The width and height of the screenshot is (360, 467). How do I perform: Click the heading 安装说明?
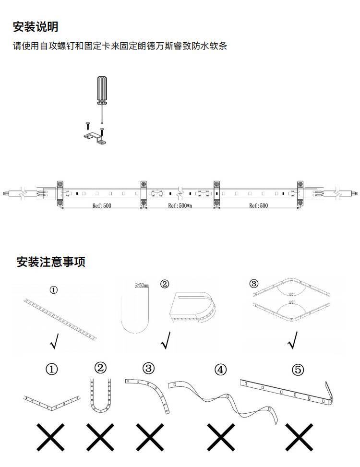[x=36, y=27]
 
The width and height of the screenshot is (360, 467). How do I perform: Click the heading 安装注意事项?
[x=51, y=262]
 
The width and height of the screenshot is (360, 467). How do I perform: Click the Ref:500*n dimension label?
[x=180, y=206]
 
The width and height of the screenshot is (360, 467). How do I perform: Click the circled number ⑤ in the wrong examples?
[x=298, y=370]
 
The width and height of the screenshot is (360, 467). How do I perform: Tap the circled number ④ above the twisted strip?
[x=220, y=370]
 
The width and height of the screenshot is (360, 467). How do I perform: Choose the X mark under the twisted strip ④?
[x=220, y=437]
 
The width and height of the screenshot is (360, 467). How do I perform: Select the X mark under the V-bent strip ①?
[x=51, y=437]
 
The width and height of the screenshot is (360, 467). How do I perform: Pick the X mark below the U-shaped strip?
[x=101, y=437]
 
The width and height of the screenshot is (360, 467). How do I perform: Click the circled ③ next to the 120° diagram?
[x=254, y=283]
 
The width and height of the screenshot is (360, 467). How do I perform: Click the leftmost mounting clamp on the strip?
[x=61, y=194]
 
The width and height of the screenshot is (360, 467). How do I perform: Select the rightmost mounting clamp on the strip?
[x=300, y=194]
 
